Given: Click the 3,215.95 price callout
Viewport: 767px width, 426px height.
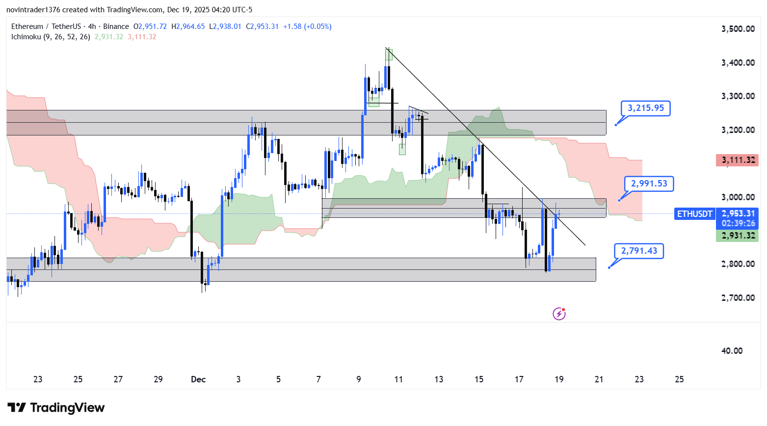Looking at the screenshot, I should tap(646, 108).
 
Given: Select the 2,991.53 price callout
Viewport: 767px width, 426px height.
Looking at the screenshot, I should tap(649, 184).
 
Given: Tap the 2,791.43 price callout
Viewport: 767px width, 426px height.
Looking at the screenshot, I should tap(639, 251).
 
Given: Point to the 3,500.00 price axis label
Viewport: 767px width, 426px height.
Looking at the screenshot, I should tap(738, 29).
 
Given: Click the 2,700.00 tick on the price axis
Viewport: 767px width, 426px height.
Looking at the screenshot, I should tap(738, 298).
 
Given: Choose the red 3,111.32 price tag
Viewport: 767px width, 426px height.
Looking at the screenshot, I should tap(738, 160).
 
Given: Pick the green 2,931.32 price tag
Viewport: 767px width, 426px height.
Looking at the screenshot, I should tap(738, 236).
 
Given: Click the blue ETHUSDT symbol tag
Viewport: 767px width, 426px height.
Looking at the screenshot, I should tap(694, 214).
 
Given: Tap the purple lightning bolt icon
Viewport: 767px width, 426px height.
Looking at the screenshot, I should tap(559, 314).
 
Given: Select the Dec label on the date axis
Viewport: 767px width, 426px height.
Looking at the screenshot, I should tap(198, 379).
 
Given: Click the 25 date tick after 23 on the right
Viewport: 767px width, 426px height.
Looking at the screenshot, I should tap(679, 379).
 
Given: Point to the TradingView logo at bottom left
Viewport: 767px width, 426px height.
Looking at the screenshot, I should tap(56, 408).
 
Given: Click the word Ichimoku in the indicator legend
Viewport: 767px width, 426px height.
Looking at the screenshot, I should tap(26, 37).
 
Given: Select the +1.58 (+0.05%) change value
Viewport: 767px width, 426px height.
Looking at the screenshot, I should tap(307, 27).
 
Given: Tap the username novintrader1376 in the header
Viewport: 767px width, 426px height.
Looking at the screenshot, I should tap(32, 10).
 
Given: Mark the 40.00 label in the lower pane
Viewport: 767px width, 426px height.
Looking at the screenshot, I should tap(732, 351).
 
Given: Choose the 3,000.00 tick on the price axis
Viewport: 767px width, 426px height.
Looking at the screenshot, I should tap(738, 197).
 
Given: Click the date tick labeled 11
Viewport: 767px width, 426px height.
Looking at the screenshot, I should tap(398, 379).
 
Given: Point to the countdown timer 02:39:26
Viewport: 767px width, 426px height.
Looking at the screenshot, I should tap(738, 223).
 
